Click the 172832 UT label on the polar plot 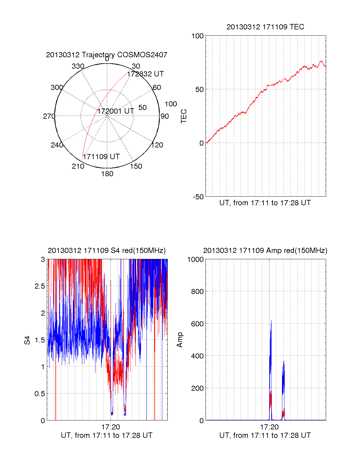pyautogui.click(x=145, y=74)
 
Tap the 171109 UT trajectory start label pyautogui.click(x=101, y=157)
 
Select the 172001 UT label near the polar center pyautogui.click(x=115, y=111)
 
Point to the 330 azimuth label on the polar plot pyautogui.click(x=78, y=66)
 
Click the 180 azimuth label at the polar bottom pyautogui.click(x=107, y=174)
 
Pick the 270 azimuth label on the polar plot pyautogui.click(x=49, y=116)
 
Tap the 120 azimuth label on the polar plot pyautogui.click(x=157, y=145)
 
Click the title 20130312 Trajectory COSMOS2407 pyautogui.click(x=106, y=55)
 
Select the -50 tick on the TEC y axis pyautogui.click(x=198, y=197)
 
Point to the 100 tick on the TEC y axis pyautogui.click(x=197, y=36)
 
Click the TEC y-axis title pyautogui.click(x=184, y=116)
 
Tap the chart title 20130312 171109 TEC pyautogui.click(x=265, y=27)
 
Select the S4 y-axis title pyautogui.click(x=27, y=340)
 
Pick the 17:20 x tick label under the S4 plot pyautogui.click(x=111, y=427)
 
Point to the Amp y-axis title pyautogui.click(x=180, y=340)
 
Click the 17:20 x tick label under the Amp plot pyautogui.click(x=269, y=427)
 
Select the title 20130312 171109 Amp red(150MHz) pyautogui.click(x=265, y=251)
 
